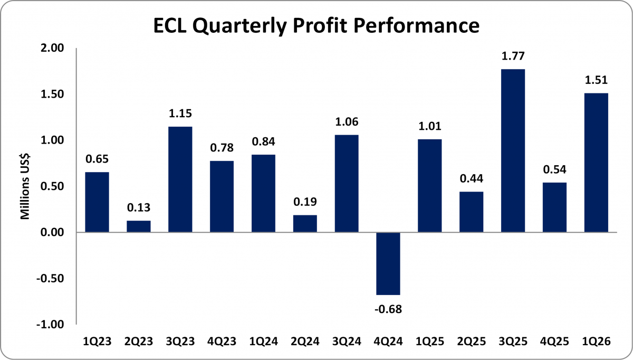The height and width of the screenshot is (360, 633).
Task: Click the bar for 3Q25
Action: [513, 151]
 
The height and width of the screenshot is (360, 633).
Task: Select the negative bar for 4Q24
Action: [388, 263]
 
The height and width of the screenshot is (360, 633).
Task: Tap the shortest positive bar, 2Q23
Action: [138, 226]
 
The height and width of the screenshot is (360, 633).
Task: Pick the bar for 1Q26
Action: [596, 163]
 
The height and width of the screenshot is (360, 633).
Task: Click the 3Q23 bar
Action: [180, 179]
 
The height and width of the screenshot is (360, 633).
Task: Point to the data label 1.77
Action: [513, 56]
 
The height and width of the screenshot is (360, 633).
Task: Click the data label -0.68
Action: [388, 309]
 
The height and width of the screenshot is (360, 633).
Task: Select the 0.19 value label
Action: [305, 202]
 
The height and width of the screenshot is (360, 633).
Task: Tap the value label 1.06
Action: [347, 121]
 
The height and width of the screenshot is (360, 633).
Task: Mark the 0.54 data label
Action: [554, 169]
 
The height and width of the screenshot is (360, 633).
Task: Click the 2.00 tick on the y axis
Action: [52, 48]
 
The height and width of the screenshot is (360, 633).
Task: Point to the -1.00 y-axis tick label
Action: [50, 324]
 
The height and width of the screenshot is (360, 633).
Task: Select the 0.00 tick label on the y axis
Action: [52, 232]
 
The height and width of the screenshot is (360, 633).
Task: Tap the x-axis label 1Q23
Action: [97, 342]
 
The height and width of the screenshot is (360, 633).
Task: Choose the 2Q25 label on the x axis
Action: [472, 342]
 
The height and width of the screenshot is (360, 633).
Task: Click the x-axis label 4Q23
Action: [222, 342]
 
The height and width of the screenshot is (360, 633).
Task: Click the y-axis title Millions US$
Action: [25, 186]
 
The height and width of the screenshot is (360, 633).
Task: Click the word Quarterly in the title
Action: [239, 26]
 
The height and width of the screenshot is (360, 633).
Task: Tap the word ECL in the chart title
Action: [170, 25]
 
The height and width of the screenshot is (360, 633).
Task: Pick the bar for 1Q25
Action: [429, 186]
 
